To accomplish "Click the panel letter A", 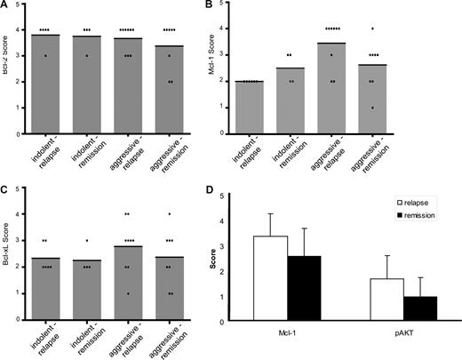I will (x=5, y=5).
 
